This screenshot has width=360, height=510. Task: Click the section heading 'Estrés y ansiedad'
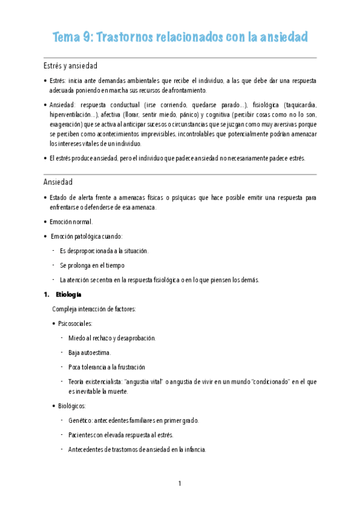(x=70, y=65)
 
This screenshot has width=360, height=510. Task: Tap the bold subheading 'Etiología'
(x=69, y=295)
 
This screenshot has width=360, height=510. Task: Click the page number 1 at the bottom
(x=180, y=484)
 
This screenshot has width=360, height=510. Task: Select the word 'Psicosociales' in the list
(x=75, y=324)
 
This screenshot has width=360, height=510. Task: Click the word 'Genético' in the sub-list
(x=81, y=420)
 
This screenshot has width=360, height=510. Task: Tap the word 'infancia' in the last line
(x=194, y=449)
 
